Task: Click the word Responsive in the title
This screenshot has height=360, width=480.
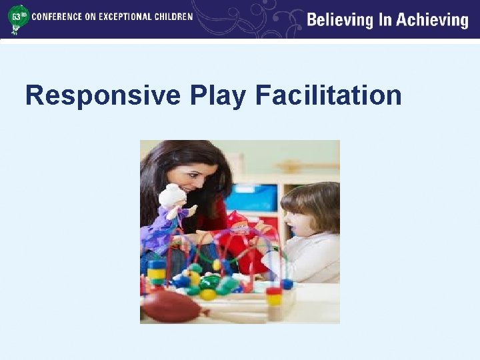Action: pos(103,96)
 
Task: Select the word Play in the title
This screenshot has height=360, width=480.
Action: pos(217,96)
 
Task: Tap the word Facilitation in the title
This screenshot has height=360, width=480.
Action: pos(328,96)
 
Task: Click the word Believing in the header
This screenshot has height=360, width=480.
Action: pos(340,20)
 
